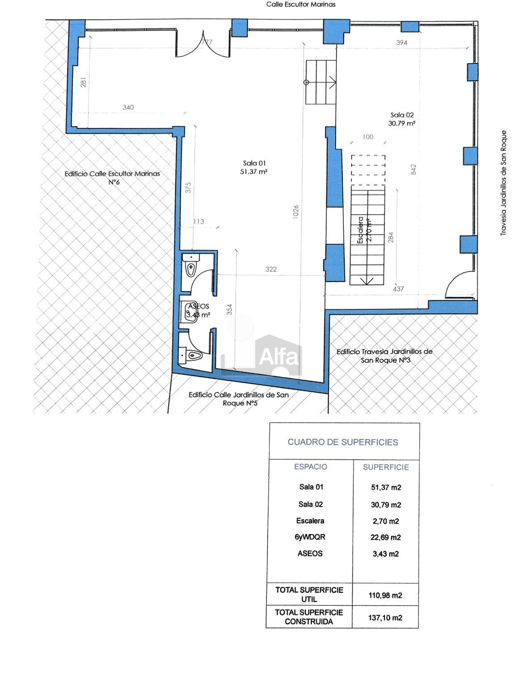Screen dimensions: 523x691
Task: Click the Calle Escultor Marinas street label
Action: pos(301,4)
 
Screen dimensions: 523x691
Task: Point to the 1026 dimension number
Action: pos(295,212)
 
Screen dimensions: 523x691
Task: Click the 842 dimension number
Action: pos(413,170)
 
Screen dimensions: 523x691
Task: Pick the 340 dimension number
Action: pos(128,107)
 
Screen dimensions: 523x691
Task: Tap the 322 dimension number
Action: pos(271,269)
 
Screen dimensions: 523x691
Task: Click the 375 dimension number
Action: pos(188,188)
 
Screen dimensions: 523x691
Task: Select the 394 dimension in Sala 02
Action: pos(401,42)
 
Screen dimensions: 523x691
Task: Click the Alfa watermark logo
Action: pos(278,356)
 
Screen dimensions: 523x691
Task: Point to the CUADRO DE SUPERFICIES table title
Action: pos(343,442)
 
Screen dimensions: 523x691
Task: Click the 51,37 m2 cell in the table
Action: pos(386,488)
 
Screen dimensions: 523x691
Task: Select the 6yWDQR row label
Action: pos(310,537)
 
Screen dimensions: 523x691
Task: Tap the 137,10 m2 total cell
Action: pos(385,618)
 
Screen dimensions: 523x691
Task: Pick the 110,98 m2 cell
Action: pos(385,596)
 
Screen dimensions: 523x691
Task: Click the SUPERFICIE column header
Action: pos(386,467)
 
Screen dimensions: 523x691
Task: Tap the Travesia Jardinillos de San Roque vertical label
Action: pos(503,183)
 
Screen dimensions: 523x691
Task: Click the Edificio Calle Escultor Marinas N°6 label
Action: pos(112,178)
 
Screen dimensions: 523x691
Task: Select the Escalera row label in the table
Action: pos(310,521)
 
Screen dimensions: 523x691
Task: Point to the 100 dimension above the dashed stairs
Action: pos(367,137)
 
